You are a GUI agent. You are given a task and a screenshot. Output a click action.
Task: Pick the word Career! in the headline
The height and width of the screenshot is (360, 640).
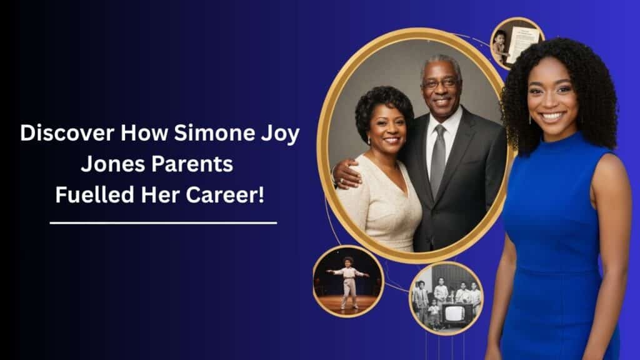227,196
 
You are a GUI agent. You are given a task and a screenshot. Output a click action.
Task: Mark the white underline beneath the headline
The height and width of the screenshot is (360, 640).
162,222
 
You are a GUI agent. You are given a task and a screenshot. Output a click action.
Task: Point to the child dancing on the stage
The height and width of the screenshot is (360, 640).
348,279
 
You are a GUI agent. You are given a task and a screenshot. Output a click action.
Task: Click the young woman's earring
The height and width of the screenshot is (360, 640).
532,117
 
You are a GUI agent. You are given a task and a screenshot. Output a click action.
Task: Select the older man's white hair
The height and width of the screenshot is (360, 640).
442,61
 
